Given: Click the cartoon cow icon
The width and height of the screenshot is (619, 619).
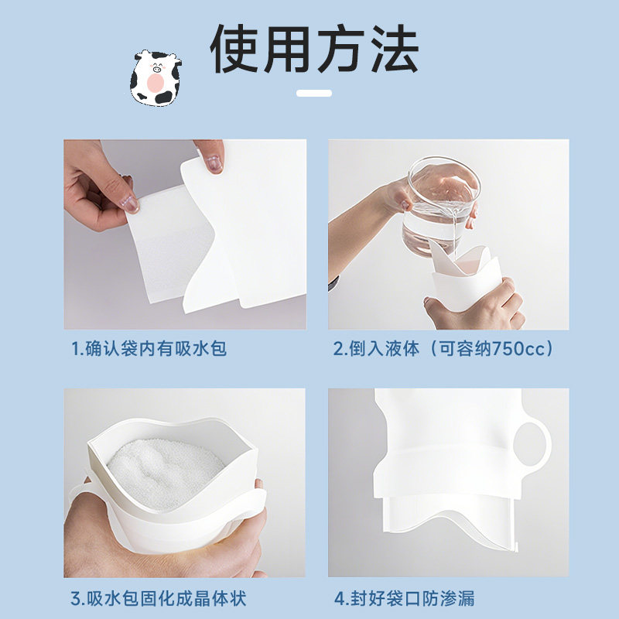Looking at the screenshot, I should [x=156, y=77].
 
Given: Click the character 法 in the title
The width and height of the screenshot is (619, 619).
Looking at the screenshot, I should [x=392, y=50].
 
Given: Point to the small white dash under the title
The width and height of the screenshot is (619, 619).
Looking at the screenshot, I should [x=314, y=93].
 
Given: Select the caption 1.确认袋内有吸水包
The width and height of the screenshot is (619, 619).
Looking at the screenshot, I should [x=149, y=349].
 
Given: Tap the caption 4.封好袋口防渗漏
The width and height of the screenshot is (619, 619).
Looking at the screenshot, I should [x=404, y=598].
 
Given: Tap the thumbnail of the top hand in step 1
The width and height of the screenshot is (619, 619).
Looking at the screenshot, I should [x=214, y=163].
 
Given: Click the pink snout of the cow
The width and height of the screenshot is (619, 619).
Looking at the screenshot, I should [x=156, y=82].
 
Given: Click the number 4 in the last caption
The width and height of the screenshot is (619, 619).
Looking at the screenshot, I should [x=338, y=598].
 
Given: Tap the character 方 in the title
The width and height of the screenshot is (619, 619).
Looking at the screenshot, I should [x=341, y=50].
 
